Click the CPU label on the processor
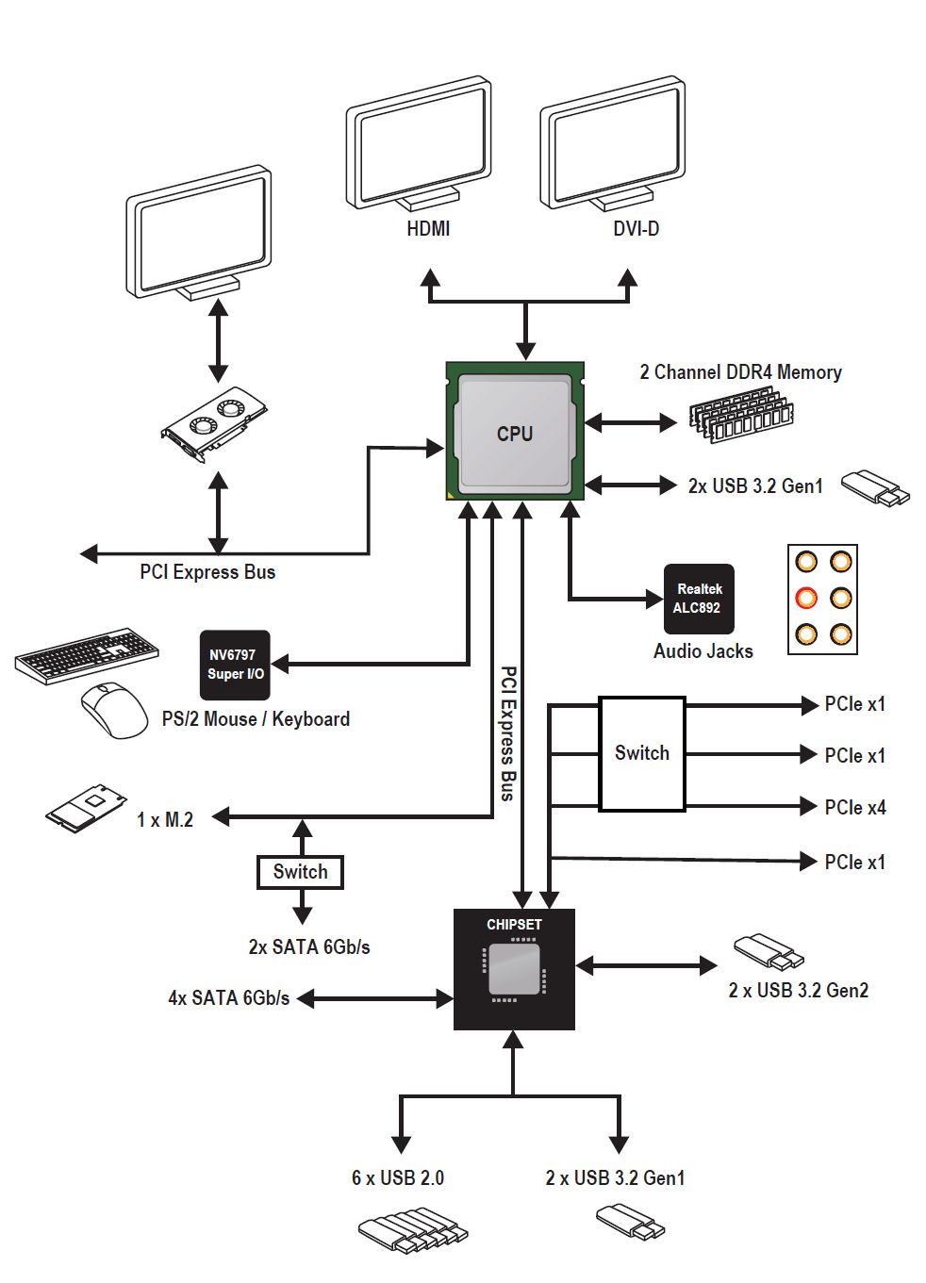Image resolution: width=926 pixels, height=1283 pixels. coord(515,434)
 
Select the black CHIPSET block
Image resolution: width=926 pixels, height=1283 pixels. coord(514,969)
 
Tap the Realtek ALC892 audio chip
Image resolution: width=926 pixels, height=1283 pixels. coord(699,599)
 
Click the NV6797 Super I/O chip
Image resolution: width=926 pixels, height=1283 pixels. coord(235,665)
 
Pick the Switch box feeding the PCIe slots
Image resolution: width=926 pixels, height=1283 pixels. coord(642,754)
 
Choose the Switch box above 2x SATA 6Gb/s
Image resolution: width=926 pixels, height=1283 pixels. coord(300,872)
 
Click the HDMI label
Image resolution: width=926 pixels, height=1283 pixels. coord(428,229)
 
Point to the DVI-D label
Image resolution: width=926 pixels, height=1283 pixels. coord(637,229)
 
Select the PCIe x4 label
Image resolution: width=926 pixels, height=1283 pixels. coord(855,808)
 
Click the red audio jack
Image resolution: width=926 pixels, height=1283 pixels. coord(806,598)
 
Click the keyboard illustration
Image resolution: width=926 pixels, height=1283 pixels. coord(87,655)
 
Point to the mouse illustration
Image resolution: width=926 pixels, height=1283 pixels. coord(114,710)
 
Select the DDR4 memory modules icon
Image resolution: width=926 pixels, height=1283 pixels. coord(742,415)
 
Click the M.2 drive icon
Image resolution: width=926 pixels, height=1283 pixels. coord(86,808)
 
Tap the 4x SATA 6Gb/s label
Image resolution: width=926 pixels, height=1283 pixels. coord(228,998)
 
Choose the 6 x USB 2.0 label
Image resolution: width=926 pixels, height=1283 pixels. coord(398,1178)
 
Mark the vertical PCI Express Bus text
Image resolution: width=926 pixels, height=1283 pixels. coord(507,733)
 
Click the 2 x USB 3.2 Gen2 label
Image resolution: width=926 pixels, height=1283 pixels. coord(798,991)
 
